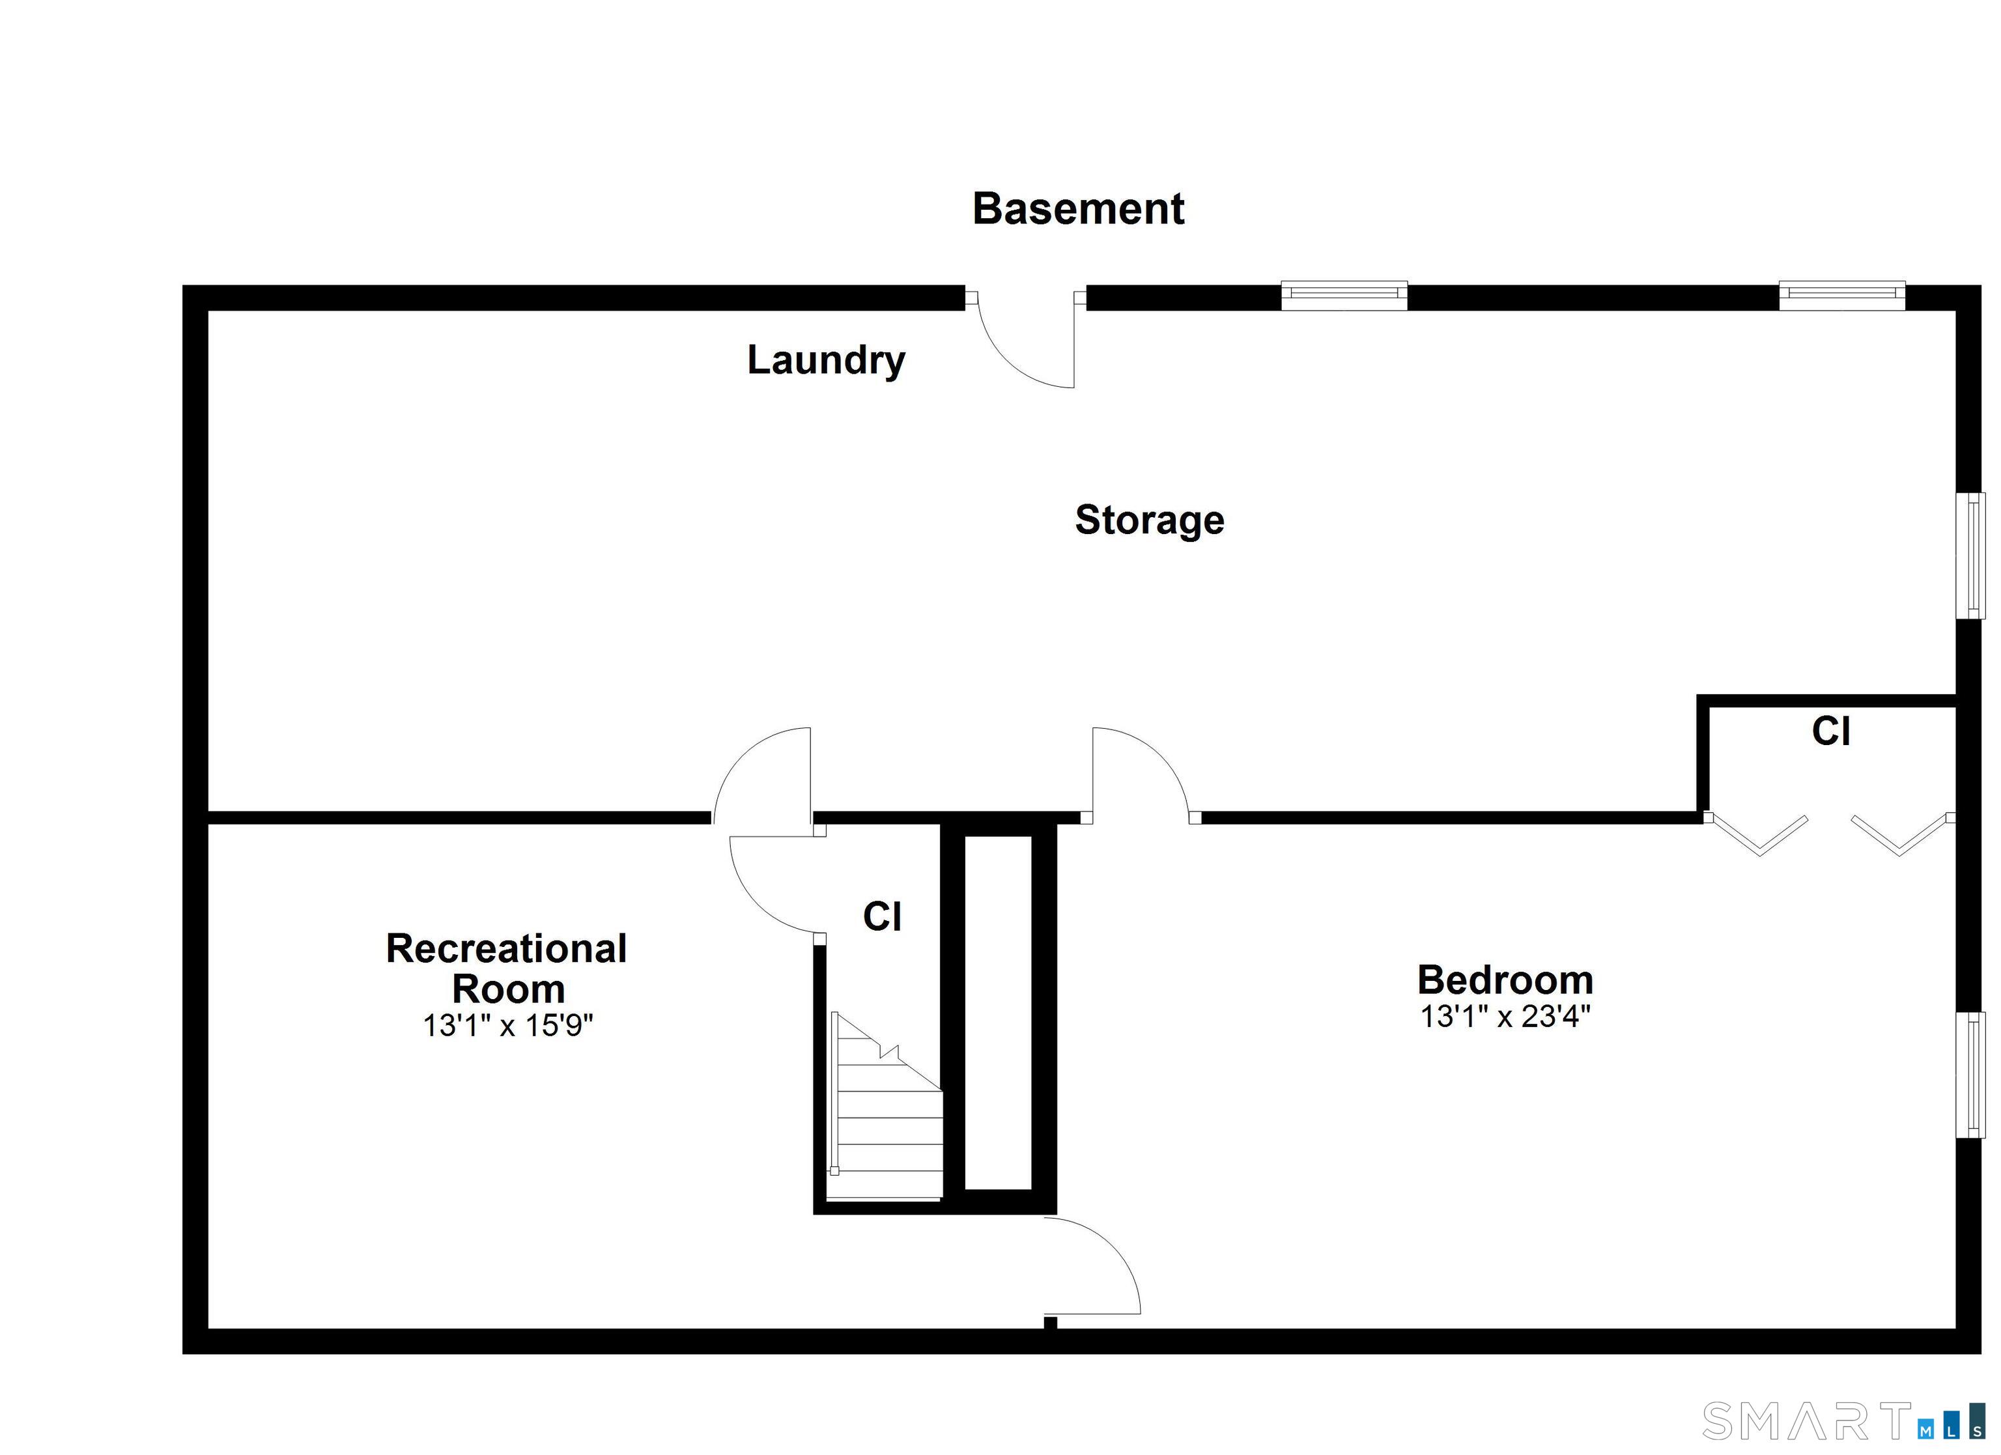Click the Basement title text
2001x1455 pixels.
pyautogui.click(x=1077, y=209)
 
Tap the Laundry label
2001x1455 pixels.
pyautogui.click(x=826, y=360)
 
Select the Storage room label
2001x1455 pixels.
pyautogui.click(x=1149, y=520)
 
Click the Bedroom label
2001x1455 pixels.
pyautogui.click(x=1504, y=980)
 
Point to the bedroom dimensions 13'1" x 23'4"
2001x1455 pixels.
pyautogui.click(x=1504, y=1017)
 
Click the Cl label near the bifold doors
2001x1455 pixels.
pyautogui.click(x=1831, y=731)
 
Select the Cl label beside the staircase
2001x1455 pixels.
pyautogui.click(x=881, y=917)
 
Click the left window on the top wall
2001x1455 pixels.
pyautogui.click(x=1343, y=296)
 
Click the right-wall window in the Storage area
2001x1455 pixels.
pyautogui.click(x=1970, y=556)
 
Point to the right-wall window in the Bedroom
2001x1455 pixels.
pyautogui.click(x=1970, y=1075)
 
